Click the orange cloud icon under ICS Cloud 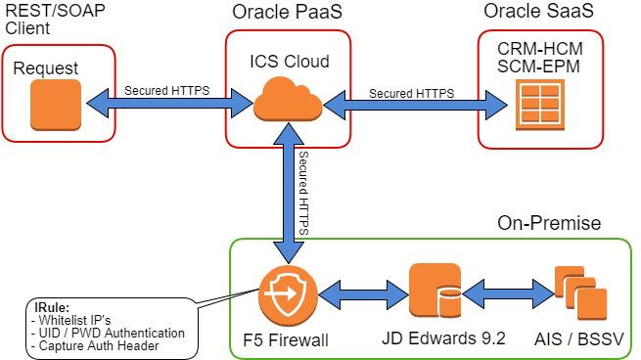click(x=288, y=100)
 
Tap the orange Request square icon click(x=56, y=105)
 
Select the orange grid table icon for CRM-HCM click(x=540, y=105)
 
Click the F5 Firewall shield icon click(x=288, y=294)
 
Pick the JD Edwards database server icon click(x=435, y=291)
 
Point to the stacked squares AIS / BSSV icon click(x=580, y=292)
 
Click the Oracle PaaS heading click(x=287, y=12)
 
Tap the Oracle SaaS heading click(x=538, y=11)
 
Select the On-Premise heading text click(x=549, y=223)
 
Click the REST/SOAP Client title click(x=55, y=19)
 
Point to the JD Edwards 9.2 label click(x=443, y=338)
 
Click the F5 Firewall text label click(x=286, y=340)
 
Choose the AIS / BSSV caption click(x=579, y=339)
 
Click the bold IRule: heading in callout click(x=52, y=308)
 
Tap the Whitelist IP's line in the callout click(x=70, y=320)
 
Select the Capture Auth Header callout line click(x=95, y=345)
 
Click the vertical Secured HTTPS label click(x=303, y=193)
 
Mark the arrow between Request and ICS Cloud click(x=169, y=103)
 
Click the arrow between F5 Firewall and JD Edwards click(x=363, y=294)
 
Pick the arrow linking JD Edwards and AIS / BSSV click(x=509, y=293)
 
